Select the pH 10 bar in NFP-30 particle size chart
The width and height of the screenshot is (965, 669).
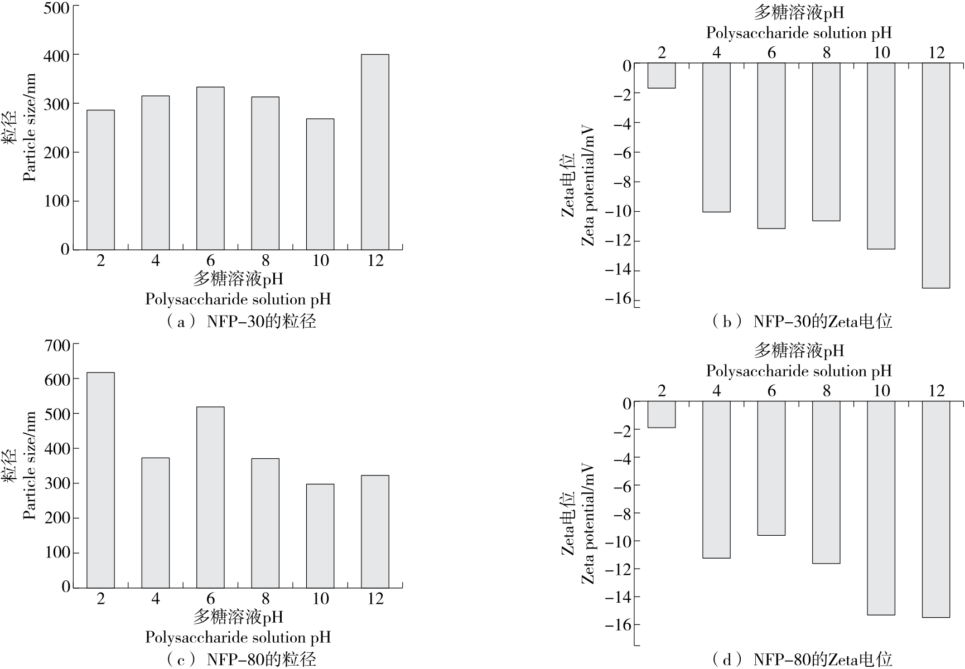click(x=320, y=184)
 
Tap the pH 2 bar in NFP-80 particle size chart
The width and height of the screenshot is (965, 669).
click(x=100, y=479)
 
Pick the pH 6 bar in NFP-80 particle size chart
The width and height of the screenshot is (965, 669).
click(x=210, y=497)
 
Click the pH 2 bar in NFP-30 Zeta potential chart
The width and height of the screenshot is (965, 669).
click(x=662, y=75)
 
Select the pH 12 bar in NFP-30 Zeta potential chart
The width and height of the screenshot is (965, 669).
click(x=935, y=175)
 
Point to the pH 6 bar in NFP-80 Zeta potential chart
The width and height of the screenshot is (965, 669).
click(x=771, y=468)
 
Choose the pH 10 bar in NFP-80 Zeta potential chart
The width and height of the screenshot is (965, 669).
click(x=881, y=507)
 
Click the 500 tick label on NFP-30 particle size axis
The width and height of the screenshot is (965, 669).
click(x=57, y=7)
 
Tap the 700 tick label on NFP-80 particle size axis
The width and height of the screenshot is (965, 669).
click(x=57, y=345)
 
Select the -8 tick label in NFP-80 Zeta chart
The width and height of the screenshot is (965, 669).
click(x=622, y=513)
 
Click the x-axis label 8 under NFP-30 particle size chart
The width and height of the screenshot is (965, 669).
click(x=266, y=260)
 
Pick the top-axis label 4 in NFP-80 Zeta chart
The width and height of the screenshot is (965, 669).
click(x=716, y=391)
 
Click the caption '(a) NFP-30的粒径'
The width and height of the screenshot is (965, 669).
click(x=241, y=322)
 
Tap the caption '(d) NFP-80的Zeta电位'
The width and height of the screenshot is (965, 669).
click(x=802, y=660)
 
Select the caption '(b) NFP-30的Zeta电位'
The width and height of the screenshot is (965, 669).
click(x=802, y=322)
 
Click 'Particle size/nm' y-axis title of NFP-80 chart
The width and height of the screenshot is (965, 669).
click(x=30, y=466)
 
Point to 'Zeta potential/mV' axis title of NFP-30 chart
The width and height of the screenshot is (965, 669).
click(x=588, y=186)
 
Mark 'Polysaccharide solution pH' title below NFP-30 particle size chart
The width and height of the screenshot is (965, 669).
click(x=238, y=299)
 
